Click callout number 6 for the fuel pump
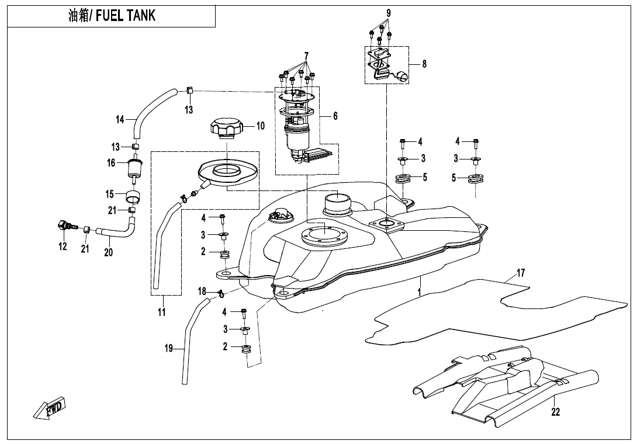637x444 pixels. click(335, 116)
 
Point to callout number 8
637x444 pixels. click(424, 64)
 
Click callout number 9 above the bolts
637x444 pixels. click(389, 13)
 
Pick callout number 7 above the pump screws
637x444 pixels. click(306, 56)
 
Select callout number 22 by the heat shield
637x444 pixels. click(555, 412)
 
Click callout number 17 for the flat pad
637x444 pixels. click(521, 273)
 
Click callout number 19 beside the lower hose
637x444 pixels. click(169, 349)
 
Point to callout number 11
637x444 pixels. click(162, 312)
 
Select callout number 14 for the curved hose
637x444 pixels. click(120, 120)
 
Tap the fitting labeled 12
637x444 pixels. click(64, 226)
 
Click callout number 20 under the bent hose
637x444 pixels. click(109, 252)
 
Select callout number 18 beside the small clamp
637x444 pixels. click(202, 291)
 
